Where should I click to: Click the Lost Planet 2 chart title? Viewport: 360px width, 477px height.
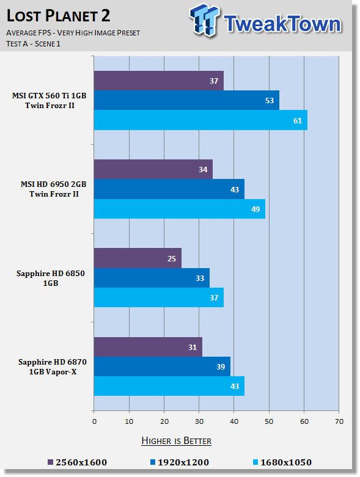(x=58, y=15)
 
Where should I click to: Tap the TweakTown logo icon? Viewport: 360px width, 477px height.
(x=204, y=20)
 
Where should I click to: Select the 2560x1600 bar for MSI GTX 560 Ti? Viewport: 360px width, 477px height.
(x=159, y=81)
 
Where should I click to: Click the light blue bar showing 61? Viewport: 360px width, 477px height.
(x=200, y=120)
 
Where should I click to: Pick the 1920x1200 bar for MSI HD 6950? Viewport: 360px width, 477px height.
(x=169, y=189)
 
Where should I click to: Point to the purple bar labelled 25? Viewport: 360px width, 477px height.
(x=138, y=258)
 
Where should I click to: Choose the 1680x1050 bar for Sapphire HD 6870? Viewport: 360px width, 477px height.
(x=169, y=386)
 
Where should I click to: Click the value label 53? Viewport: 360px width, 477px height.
(x=270, y=100)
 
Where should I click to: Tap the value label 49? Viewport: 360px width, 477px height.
(x=255, y=209)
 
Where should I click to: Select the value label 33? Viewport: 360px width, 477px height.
(x=200, y=278)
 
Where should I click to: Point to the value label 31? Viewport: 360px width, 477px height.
(x=193, y=347)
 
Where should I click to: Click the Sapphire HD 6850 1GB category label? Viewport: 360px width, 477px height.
(x=51, y=278)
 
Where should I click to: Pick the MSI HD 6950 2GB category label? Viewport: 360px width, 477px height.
(x=54, y=189)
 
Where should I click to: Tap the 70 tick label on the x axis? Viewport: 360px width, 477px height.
(x=339, y=421)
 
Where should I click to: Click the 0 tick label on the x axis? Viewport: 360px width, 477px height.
(x=94, y=421)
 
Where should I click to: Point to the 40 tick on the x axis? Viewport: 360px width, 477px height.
(x=234, y=421)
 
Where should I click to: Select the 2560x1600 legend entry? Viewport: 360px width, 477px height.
(x=78, y=462)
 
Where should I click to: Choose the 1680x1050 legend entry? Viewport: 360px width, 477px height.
(x=282, y=462)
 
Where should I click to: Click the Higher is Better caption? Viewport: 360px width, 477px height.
(x=176, y=441)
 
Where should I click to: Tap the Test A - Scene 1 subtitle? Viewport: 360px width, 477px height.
(x=33, y=44)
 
